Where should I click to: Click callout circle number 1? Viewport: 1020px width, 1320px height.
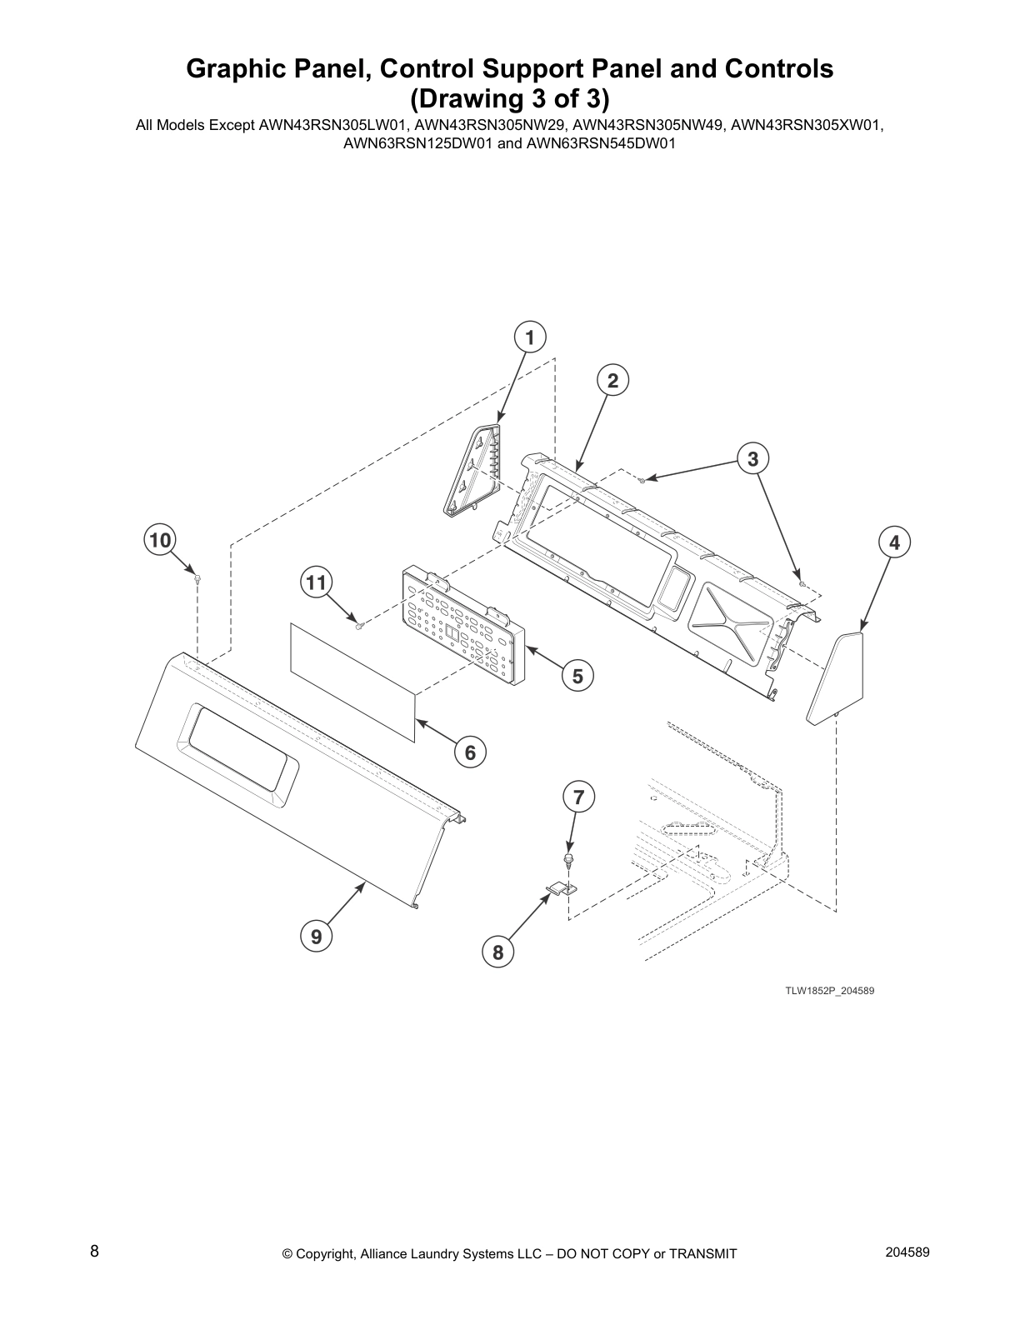click(x=530, y=337)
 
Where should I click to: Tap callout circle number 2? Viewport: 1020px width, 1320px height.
click(x=612, y=380)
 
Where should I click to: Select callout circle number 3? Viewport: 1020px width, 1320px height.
click(x=752, y=458)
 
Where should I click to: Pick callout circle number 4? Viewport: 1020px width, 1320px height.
click(x=894, y=542)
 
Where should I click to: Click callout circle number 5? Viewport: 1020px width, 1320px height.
click(x=577, y=676)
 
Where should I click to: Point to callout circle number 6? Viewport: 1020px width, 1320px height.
click(x=470, y=752)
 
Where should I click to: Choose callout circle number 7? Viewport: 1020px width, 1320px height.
click(x=578, y=797)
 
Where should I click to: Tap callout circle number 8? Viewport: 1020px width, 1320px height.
click(x=498, y=952)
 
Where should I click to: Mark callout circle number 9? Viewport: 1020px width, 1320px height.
click(x=317, y=936)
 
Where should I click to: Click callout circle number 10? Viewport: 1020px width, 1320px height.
click(x=160, y=540)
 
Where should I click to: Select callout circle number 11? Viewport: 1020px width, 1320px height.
click(x=316, y=583)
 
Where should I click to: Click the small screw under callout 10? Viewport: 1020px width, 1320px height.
click(x=197, y=578)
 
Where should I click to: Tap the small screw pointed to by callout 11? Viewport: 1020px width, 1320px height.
click(x=359, y=625)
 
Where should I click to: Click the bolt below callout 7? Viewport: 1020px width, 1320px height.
click(x=568, y=859)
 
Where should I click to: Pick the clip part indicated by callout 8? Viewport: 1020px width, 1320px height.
click(x=561, y=889)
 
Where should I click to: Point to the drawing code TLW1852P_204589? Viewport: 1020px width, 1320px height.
click(x=829, y=991)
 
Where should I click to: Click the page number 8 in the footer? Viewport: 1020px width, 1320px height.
click(x=94, y=1251)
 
